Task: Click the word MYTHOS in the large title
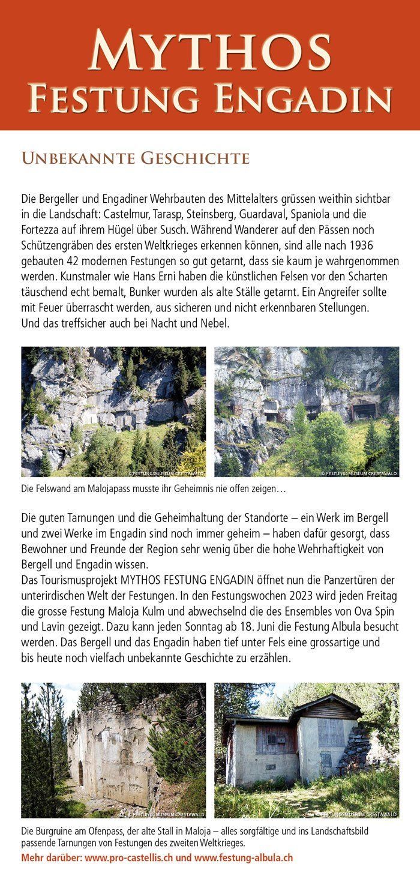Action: click(209, 52)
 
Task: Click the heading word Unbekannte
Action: click(75, 158)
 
